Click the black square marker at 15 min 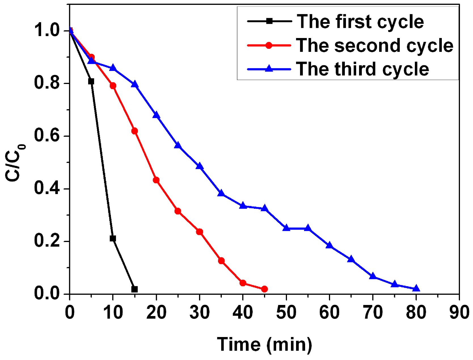pos(134,289)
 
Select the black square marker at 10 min pos(113,238)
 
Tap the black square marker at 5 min pos(91,81)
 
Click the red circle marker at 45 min pos(264,289)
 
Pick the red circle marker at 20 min pos(156,180)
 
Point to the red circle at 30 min pos(200,232)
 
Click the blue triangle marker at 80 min pos(416,289)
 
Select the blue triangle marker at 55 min pos(308,228)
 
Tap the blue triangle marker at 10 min pos(113,68)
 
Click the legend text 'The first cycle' pos(360,22)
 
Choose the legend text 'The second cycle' pos(374,45)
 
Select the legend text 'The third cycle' pos(362,69)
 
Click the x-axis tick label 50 pos(286,312)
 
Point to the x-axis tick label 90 pos(459,312)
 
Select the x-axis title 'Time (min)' pos(264,345)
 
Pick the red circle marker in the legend pos(269,45)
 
